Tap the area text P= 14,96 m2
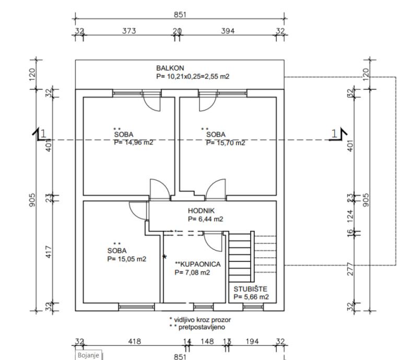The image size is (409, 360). tap(133, 142)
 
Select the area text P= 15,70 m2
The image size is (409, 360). tap(225, 142)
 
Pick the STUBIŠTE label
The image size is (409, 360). tap(251, 288)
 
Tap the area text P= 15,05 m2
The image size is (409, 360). tap(126, 259)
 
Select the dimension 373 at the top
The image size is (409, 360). tap(128, 31)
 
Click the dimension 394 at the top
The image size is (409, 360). tap(228, 31)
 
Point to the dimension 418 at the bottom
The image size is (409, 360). tap(134, 342)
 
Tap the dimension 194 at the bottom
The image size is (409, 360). tap(252, 342)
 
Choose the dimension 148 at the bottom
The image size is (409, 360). tap(207, 342)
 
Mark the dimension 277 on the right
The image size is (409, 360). tap(350, 270)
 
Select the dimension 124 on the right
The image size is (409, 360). tap(350, 214)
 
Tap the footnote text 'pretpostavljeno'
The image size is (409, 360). tap(204, 327)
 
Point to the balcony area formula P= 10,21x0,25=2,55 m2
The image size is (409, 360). tap(193, 76)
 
